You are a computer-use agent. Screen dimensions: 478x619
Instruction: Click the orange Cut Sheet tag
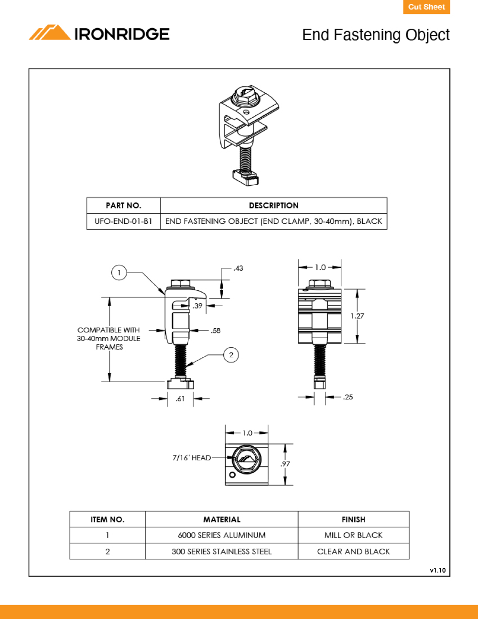click(426, 7)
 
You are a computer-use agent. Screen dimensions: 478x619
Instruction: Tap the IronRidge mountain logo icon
click(50, 32)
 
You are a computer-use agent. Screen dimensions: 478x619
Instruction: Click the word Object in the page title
click(427, 35)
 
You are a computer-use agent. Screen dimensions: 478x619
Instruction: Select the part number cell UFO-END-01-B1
click(123, 221)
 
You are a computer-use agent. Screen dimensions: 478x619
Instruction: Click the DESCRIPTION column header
click(274, 205)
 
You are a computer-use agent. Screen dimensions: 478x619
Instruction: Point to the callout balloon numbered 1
click(119, 273)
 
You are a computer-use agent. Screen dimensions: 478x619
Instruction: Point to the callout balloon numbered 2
click(231, 355)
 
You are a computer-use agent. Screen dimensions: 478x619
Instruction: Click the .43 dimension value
click(239, 268)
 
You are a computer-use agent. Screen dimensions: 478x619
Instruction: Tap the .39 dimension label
click(197, 306)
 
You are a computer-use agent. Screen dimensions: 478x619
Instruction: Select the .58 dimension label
click(216, 331)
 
